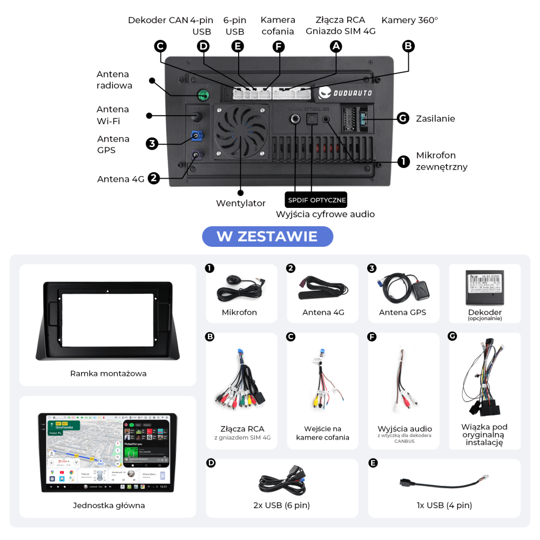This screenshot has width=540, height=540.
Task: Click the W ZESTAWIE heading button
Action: [267, 236]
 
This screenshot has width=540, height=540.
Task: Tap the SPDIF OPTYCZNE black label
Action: [316, 200]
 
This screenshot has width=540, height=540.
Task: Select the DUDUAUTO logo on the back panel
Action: [345, 93]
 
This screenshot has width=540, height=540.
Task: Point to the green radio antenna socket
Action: [204, 96]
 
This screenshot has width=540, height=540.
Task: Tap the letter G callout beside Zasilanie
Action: [402, 118]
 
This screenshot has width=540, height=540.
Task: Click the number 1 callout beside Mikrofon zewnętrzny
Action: [403, 161]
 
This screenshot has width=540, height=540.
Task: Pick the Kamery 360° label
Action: [409, 21]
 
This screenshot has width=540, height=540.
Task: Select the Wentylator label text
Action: [241, 204]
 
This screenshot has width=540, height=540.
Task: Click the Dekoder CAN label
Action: [158, 21]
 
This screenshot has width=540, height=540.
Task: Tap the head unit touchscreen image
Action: [107, 452]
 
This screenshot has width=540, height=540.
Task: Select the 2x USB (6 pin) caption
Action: [282, 505]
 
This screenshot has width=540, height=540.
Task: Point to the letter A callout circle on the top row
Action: [336, 46]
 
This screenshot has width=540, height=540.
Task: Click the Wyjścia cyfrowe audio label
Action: [325, 214]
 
